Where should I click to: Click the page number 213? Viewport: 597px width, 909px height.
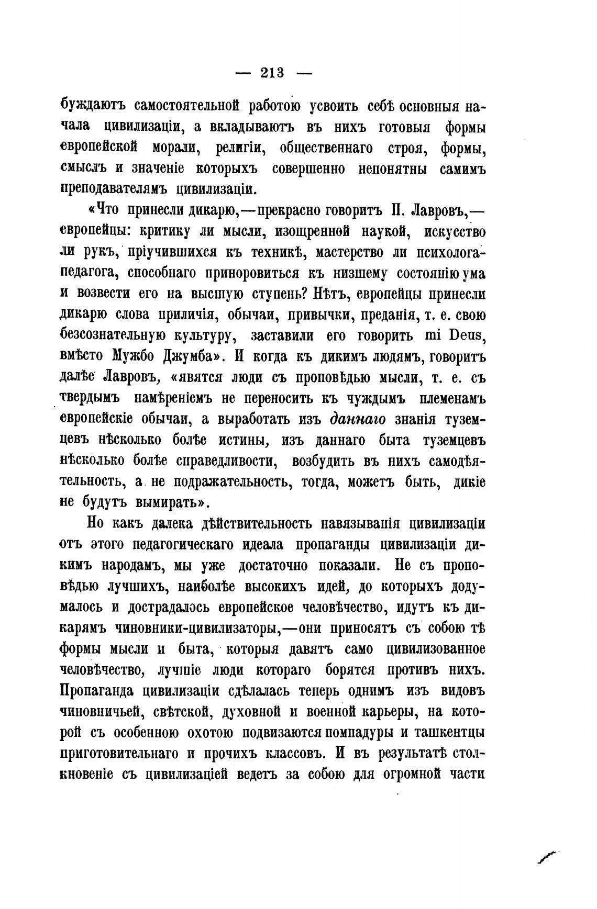coord(272,73)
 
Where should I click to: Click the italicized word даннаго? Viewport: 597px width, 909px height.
coord(358,419)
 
